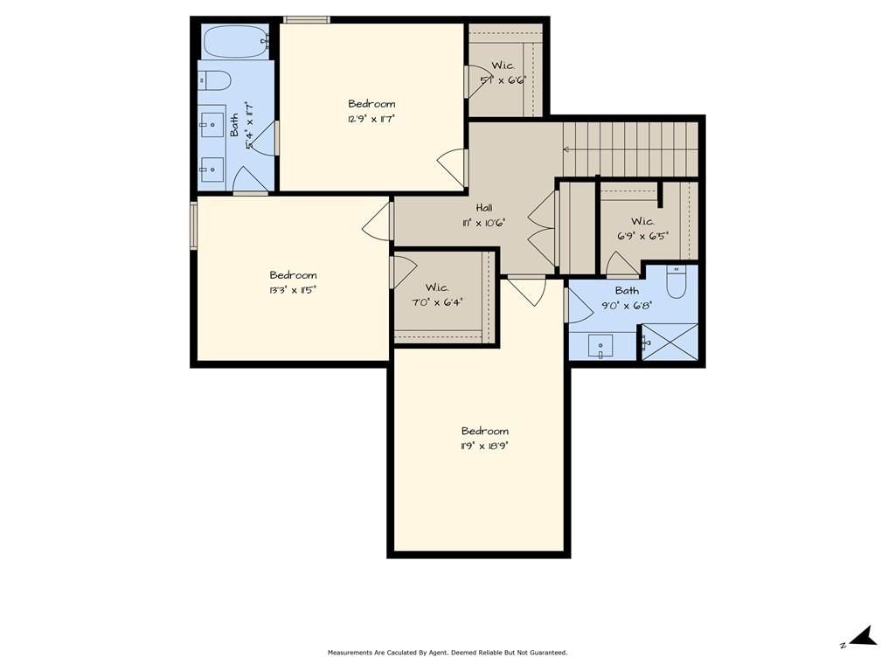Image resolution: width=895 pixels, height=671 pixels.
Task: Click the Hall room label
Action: (x=484, y=208)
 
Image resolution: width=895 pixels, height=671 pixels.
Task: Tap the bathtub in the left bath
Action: (x=236, y=41)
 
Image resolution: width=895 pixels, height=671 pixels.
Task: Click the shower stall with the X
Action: (x=670, y=342)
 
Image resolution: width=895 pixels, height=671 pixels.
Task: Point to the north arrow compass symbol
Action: (x=861, y=637)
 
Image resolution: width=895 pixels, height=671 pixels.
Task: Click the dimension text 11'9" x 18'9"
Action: (x=484, y=446)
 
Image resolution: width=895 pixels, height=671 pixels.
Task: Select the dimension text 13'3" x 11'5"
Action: (x=293, y=290)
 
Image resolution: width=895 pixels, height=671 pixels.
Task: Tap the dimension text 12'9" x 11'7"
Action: (x=371, y=119)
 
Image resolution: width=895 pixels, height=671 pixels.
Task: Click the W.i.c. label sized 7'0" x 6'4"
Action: (x=437, y=287)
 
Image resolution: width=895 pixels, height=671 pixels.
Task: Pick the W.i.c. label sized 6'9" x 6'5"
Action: (x=642, y=221)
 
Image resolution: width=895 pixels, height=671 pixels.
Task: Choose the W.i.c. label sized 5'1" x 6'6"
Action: (x=503, y=66)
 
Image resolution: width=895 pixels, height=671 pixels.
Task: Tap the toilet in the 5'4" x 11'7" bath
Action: (x=215, y=80)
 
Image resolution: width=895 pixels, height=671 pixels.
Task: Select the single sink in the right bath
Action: (x=600, y=346)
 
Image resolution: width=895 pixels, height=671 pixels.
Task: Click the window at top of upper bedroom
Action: (x=307, y=20)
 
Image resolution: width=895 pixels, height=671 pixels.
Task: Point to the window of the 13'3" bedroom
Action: (x=193, y=225)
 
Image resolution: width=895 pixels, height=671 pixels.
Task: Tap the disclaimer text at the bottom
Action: (x=447, y=652)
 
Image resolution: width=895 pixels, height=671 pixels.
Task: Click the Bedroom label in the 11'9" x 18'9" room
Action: (x=484, y=431)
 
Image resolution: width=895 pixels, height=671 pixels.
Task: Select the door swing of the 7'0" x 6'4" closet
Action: (x=404, y=272)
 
